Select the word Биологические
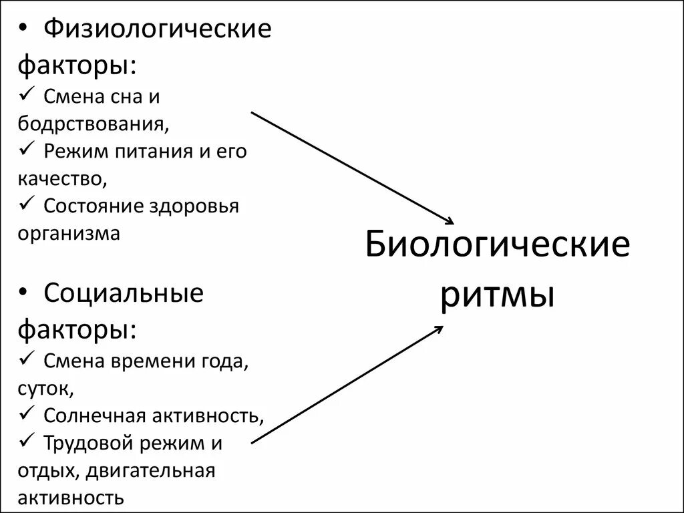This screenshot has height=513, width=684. pyautogui.click(x=498, y=245)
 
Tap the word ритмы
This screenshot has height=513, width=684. pyautogui.click(x=498, y=295)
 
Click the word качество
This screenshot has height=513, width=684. pyautogui.click(x=61, y=178)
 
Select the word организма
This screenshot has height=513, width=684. pyautogui.click(x=69, y=234)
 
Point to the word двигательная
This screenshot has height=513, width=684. pyautogui.click(x=150, y=470)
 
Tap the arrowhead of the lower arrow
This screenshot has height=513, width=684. pyautogui.click(x=438, y=329)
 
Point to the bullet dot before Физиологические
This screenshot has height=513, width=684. pyautogui.click(x=25, y=30)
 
